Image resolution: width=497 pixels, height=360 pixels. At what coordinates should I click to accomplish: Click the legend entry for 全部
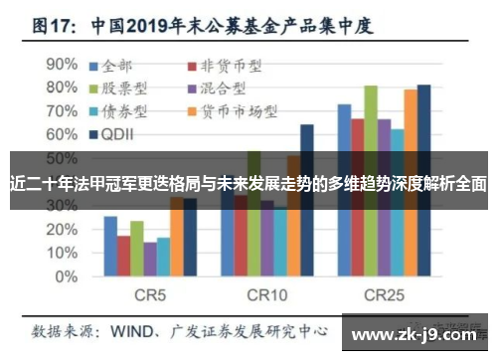click(117, 67)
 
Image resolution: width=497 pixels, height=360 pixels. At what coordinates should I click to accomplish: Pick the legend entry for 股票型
click(123, 89)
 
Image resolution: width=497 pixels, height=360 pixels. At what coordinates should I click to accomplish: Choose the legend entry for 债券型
click(123, 110)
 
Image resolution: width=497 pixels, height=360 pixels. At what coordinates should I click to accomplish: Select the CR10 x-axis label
click(266, 295)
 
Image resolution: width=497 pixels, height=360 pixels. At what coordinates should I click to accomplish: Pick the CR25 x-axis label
click(383, 295)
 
